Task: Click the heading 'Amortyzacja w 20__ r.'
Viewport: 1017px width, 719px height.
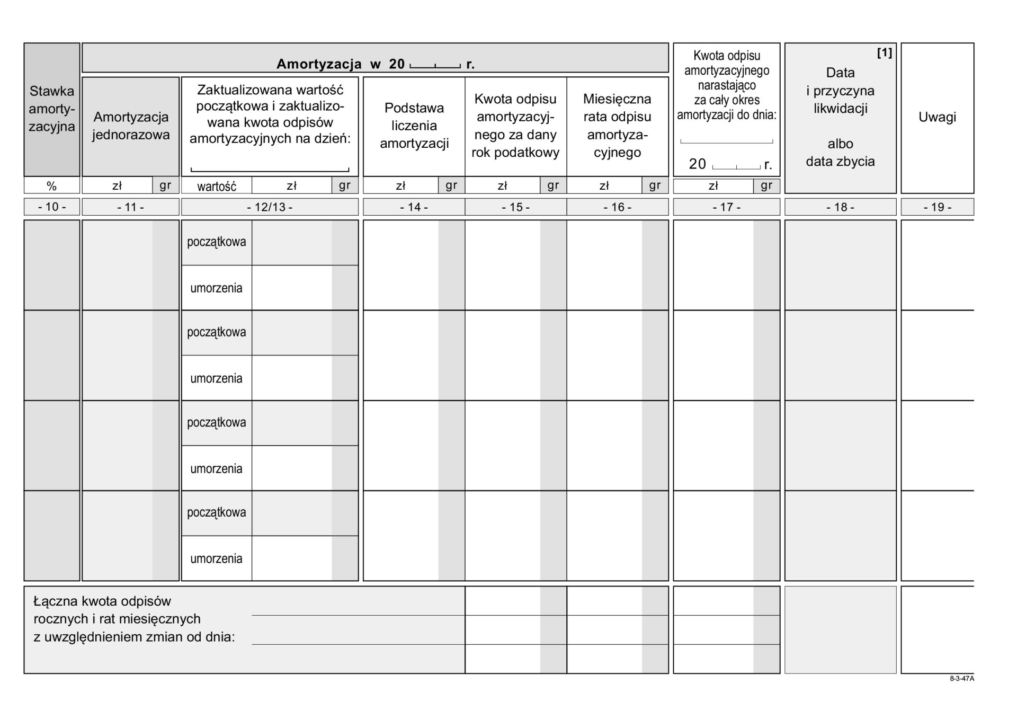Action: (x=375, y=64)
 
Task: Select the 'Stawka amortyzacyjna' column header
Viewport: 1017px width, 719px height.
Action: (x=52, y=109)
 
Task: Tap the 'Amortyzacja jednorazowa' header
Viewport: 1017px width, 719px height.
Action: (x=131, y=126)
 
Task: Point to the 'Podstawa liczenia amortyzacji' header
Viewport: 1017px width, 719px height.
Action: (x=414, y=126)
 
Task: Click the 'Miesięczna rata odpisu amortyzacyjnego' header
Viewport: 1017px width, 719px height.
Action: (x=617, y=126)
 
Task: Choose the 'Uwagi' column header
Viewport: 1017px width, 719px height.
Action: (x=937, y=117)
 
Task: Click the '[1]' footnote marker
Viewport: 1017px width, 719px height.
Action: (x=884, y=53)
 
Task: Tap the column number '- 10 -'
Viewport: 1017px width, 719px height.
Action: (x=52, y=207)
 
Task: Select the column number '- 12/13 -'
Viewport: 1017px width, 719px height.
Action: (x=270, y=207)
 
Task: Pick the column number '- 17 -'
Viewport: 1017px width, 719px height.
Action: (x=726, y=207)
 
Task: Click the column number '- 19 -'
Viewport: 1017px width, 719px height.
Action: (x=937, y=207)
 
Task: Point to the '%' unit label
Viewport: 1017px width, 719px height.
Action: (x=51, y=186)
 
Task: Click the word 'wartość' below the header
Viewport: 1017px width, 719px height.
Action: (x=217, y=187)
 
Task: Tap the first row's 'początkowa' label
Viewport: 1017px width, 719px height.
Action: (x=217, y=242)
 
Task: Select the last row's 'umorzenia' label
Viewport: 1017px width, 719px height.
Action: (x=216, y=558)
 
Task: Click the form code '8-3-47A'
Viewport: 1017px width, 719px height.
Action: (x=961, y=679)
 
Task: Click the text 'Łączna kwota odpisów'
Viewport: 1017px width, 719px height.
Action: (x=102, y=601)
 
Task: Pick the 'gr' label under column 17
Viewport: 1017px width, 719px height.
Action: (x=766, y=185)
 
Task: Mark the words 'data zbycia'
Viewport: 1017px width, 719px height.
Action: (x=840, y=162)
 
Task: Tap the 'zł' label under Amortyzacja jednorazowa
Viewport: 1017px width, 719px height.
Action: (x=117, y=185)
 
